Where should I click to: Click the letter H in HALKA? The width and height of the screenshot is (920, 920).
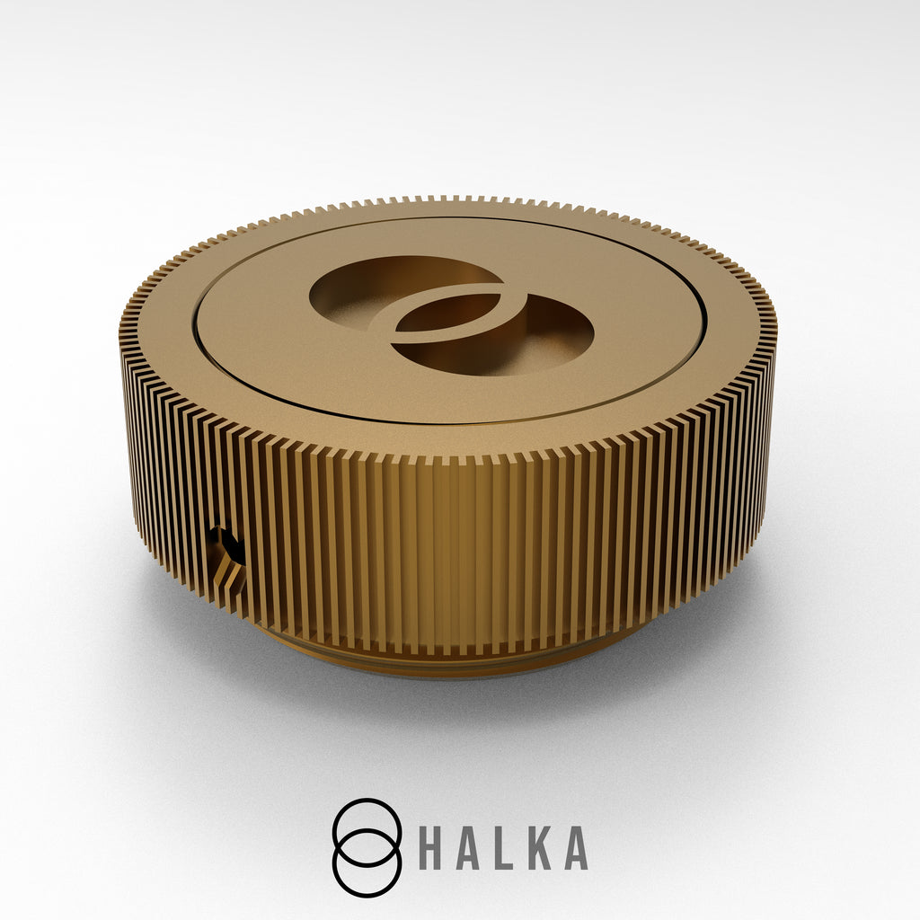(432, 848)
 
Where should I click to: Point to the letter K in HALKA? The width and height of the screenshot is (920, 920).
(540, 848)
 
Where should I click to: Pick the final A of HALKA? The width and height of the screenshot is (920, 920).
(576, 848)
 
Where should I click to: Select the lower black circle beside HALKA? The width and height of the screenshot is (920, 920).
(367, 897)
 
